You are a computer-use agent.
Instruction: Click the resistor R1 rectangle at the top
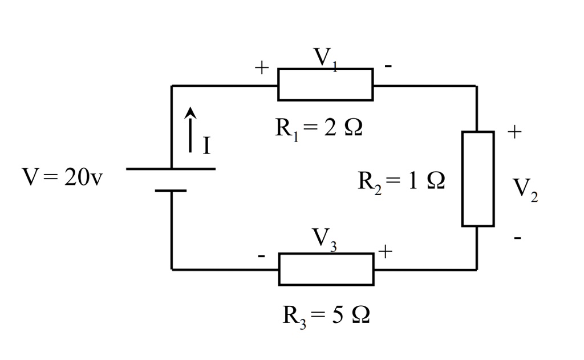pyautogui.click(x=326, y=84)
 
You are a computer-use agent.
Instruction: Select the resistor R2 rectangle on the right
pyautogui.click(x=478, y=179)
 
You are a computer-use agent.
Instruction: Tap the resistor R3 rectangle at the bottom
pyautogui.click(x=326, y=269)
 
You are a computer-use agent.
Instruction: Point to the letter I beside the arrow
pyautogui.click(x=206, y=146)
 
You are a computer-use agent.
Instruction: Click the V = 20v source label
pyautogui.click(x=63, y=177)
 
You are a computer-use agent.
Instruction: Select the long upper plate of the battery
pyautogui.click(x=171, y=169)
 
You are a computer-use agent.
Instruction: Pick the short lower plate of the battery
pyautogui.click(x=171, y=191)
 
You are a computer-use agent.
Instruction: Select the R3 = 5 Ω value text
pyautogui.click(x=326, y=314)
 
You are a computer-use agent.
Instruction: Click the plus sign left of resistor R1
pyautogui.click(x=261, y=68)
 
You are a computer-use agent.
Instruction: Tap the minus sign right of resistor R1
pyautogui.click(x=388, y=67)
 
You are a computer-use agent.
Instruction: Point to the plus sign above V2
pyautogui.click(x=514, y=132)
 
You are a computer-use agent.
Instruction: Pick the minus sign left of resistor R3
pyautogui.click(x=261, y=256)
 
